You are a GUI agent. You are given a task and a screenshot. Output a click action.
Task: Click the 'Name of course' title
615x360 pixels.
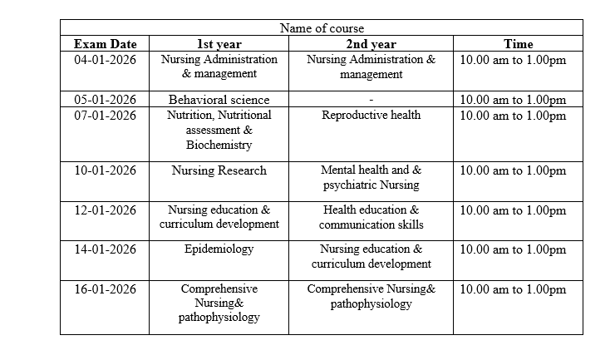pyautogui.click(x=322, y=28)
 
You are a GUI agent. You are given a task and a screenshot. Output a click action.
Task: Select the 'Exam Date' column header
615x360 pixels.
pyautogui.click(x=105, y=44)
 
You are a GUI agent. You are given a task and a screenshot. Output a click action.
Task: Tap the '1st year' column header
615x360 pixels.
pyautogui.click(x=219, y=44)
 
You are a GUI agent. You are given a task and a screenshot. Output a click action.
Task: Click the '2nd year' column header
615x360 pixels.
pyautogui.click(x=371, y=44)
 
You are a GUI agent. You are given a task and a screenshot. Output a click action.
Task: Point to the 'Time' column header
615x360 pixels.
pyautogui.click(x=518, y=44)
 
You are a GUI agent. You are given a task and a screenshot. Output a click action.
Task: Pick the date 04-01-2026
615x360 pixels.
pyautogui.click(x=105, y=60)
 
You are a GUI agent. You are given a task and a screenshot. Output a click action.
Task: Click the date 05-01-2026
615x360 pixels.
pyautogui.click(x=105, y=100)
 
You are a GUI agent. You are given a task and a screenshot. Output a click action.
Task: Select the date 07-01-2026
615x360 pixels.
pyautogui.click(x=105, y=115)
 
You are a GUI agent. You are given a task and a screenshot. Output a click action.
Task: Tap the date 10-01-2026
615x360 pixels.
pyautogui.click(x=105, y=170)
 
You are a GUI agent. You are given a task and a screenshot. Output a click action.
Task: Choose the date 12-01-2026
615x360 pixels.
pyautogui.click(x=105, y=210)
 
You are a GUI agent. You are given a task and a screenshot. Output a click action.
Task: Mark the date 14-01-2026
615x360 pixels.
pyautogui.click(x=105, y=249)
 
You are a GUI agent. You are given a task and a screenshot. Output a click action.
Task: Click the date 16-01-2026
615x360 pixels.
pyautogui.click(x=105, y=288)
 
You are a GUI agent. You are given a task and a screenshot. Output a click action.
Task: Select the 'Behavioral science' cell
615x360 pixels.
pyautogui.click(x=219, y=100)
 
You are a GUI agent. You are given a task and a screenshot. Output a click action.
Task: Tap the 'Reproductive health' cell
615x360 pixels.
pyautogui.click(x=371, y=115)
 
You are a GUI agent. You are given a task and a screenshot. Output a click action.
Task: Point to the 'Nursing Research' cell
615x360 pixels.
pyautogui.click(x=219, y=170)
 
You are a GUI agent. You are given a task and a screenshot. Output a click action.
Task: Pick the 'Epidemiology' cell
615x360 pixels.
pyautogui.click(x=219, y=249)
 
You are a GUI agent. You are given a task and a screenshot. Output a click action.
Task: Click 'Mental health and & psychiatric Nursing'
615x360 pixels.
pyautogui.click(x=371, y=177)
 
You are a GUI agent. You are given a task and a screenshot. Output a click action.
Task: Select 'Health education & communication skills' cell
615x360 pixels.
pyautogui.click(x=371, y=217)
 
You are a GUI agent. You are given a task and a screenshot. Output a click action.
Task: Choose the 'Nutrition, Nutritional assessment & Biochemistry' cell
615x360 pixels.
pyautogui.click(x=219, y=130)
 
